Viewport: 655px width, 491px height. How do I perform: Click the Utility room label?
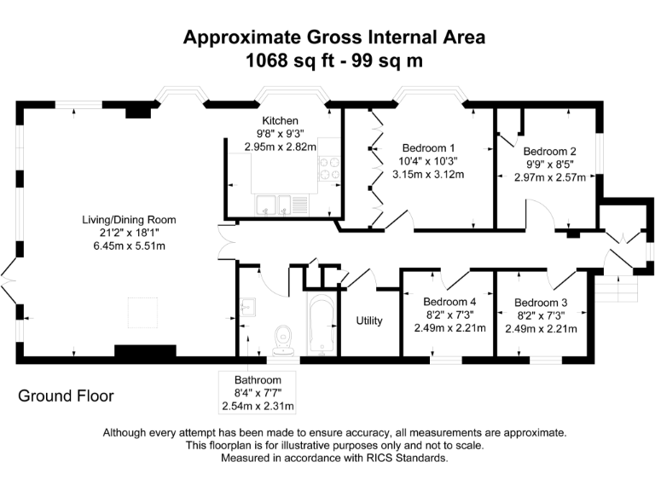tap(369, 321)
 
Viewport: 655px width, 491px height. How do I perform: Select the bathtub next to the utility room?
tap(322, 325)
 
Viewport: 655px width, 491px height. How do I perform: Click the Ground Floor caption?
tap(66, 396)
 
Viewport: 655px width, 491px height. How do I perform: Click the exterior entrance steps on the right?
tap(617, 291)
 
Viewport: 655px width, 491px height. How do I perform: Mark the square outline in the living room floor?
tap(144, 313)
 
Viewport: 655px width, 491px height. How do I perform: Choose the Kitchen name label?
tap(280, 120)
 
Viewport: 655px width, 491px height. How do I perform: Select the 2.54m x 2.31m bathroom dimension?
tap(258, 406)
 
